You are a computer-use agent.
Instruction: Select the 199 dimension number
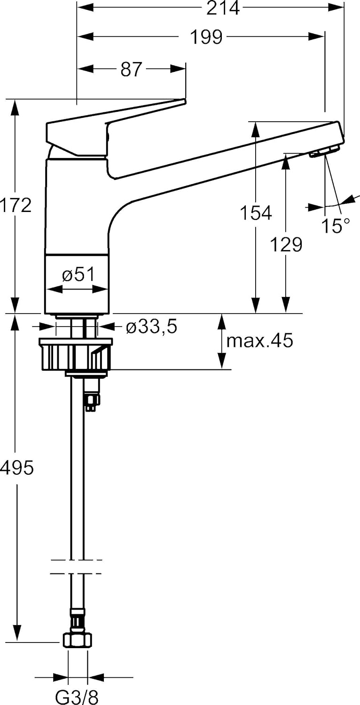207,37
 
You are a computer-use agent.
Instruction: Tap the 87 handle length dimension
131,69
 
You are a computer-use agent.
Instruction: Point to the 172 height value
16,205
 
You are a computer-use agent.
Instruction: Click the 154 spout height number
256,213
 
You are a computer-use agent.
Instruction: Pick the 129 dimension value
286,244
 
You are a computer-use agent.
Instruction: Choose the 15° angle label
336,226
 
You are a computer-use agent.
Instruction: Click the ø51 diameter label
78,274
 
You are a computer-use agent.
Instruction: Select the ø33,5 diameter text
151,326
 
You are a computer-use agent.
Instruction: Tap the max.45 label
259,341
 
